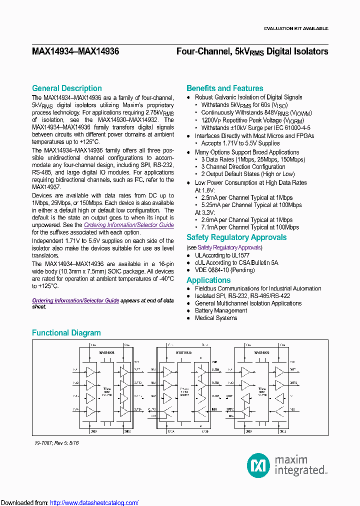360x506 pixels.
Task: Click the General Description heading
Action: pyautogui.click(x=66, y=88)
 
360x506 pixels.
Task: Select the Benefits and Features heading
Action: pyautogui.click(x=224, y=88)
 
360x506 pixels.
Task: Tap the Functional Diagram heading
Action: pyautogui.click(x=66, y=333)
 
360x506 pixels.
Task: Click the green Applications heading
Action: pyautogui.click(x=208, y=280)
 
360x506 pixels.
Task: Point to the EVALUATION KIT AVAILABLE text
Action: pyautogui.click(x=296, y=28)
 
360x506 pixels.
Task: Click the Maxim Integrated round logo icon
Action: pyautogui.click(x=258, y=465)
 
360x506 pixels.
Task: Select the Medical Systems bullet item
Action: pyautogui.click(x=216, y=318)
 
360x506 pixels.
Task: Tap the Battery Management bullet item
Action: pyautogui.click(x=221, y=310)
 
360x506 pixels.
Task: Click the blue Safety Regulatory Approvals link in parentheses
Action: pyautogui.click(x=229, y=247)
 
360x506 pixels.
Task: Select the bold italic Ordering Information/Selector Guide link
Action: pyautogui.click(x=75, y=300)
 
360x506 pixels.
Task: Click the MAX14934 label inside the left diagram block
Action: pyautogui.click(x=106, y=353)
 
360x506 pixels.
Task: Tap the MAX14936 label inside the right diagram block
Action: pyautogui.click(x=261, y=353)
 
